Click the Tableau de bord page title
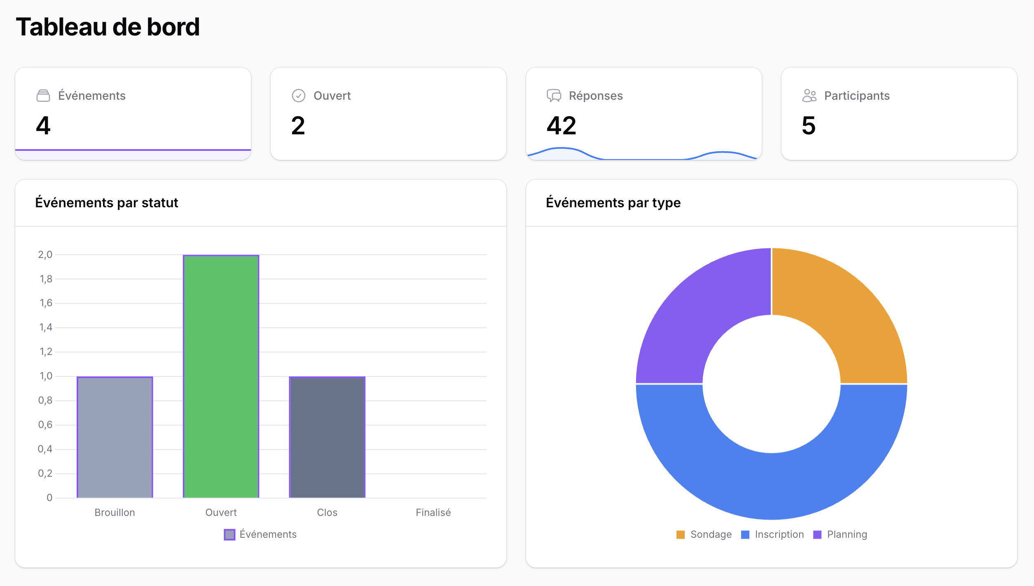108,27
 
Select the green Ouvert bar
221,376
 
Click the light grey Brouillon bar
115,437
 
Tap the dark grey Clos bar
327,437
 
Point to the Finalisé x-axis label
433,512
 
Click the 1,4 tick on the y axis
46,328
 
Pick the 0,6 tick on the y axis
45,425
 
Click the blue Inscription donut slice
772,486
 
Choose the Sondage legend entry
704,534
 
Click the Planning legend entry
840,534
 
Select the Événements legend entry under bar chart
260,534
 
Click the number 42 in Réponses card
561,126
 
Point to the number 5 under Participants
808,126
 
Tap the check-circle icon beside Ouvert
298,96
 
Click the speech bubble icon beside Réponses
554,96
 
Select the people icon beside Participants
809,96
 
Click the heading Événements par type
613,203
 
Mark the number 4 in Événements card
43,126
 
